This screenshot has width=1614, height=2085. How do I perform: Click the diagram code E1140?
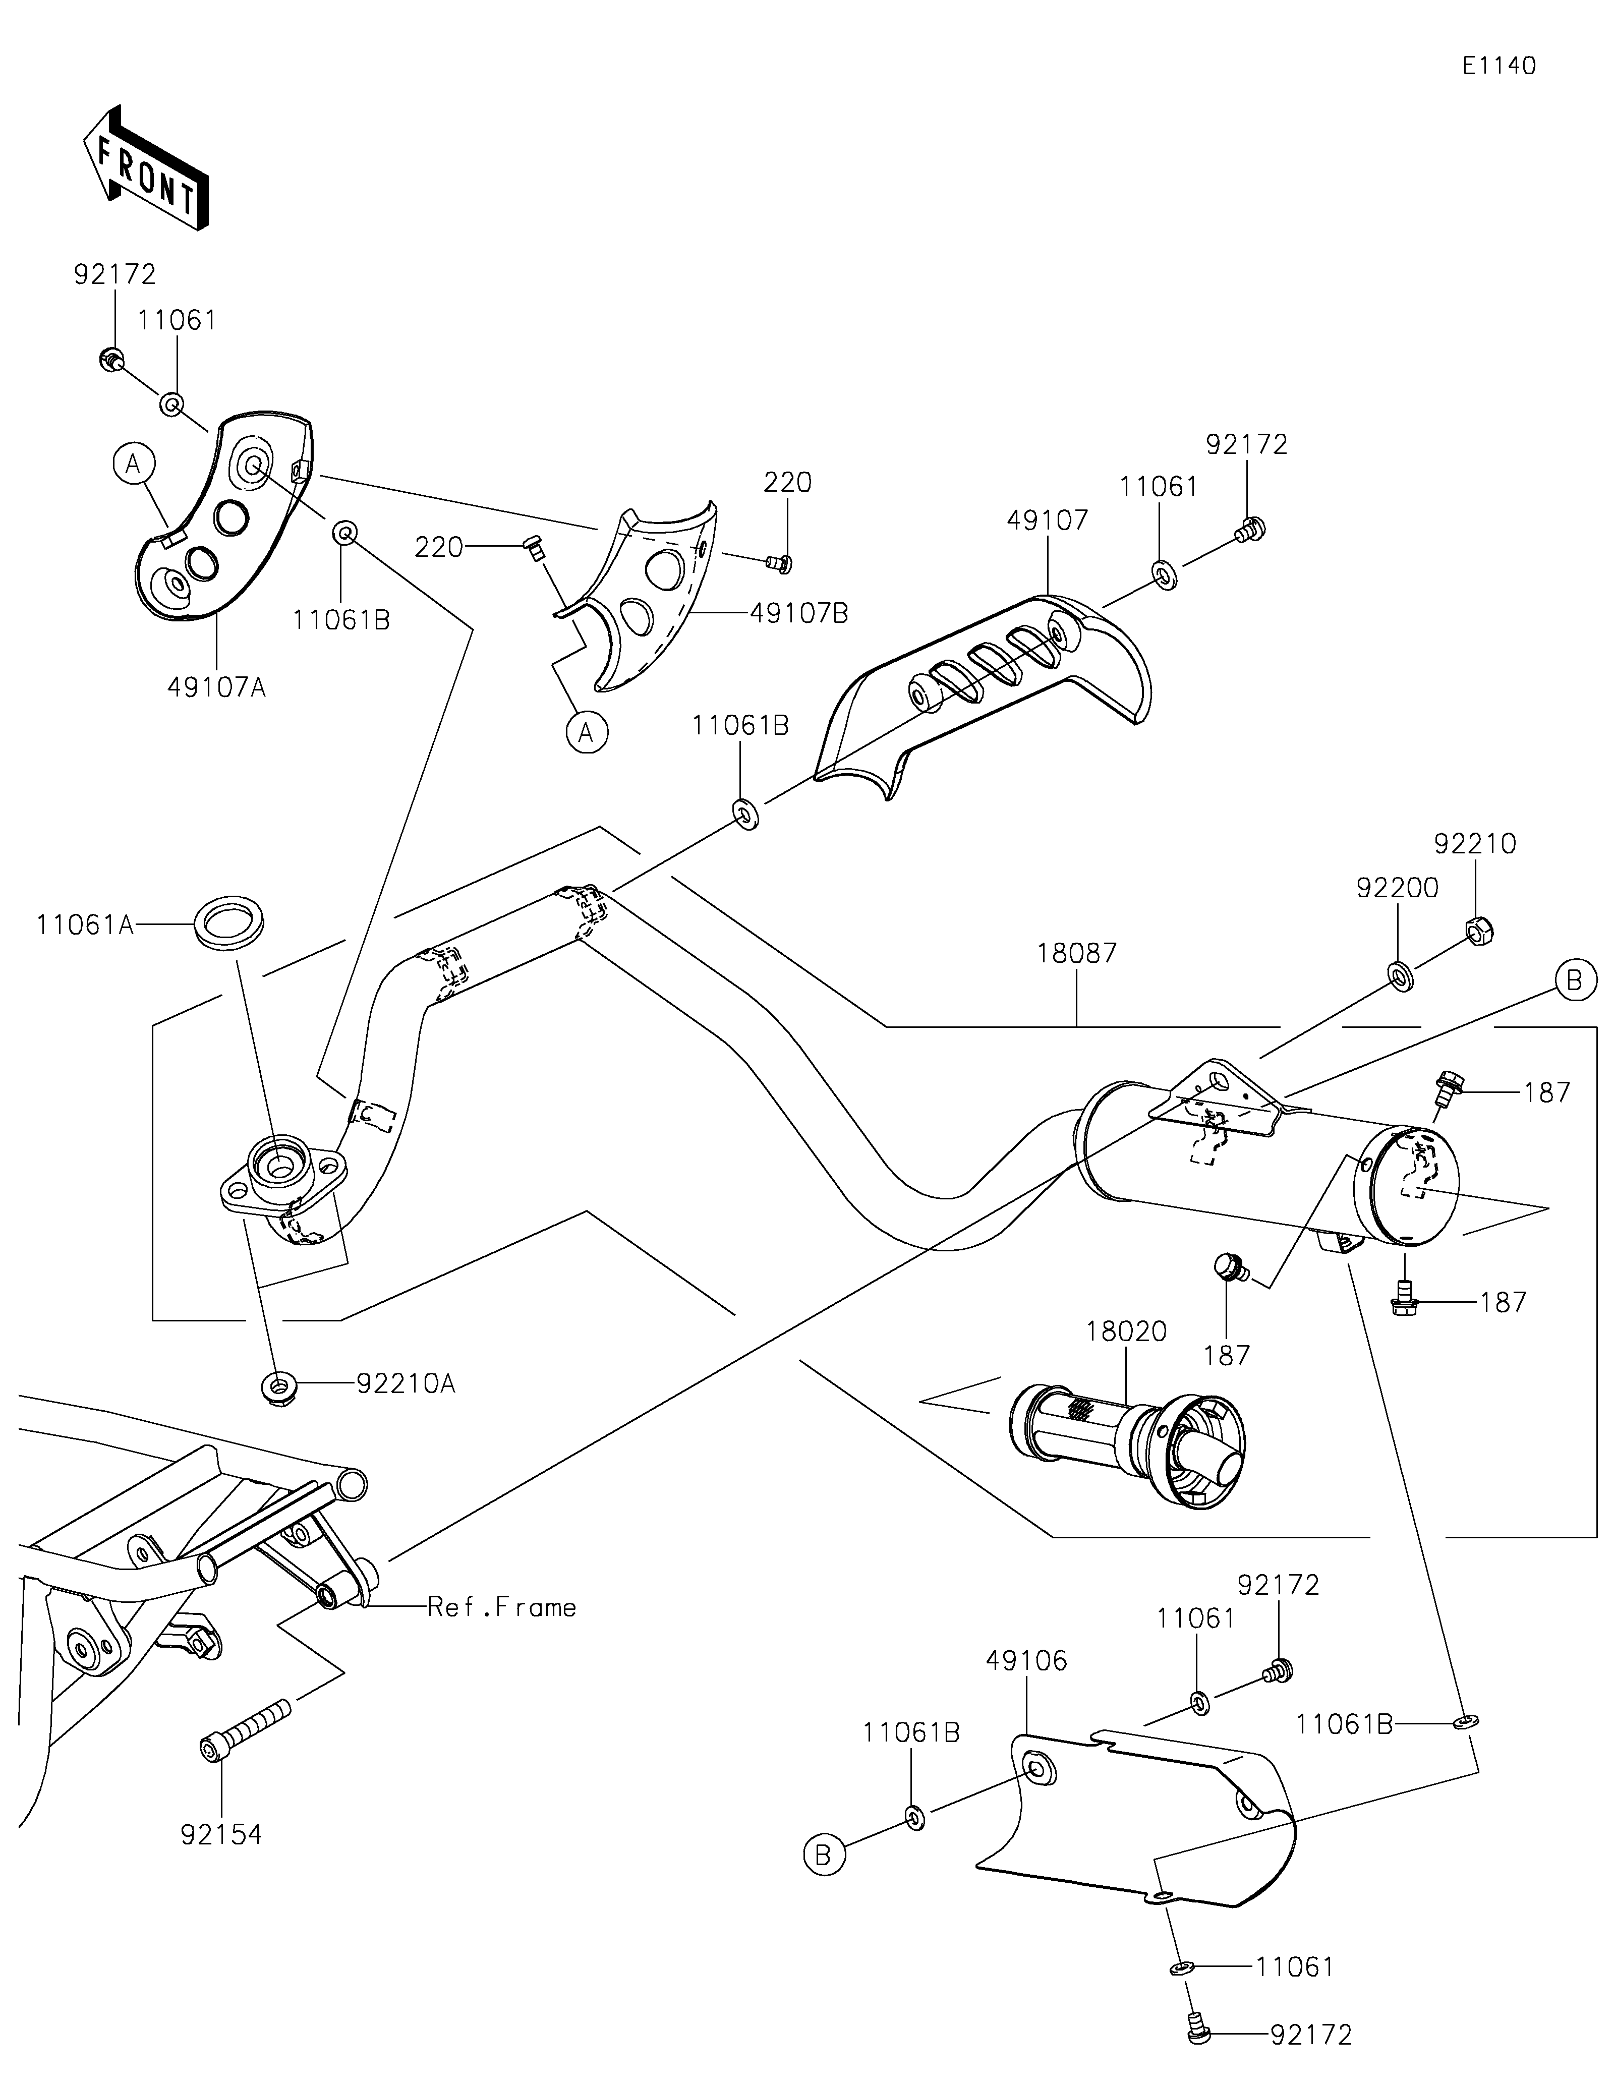tap(1498, 66)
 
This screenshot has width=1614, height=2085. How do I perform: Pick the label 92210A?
tap(406, 1384)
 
